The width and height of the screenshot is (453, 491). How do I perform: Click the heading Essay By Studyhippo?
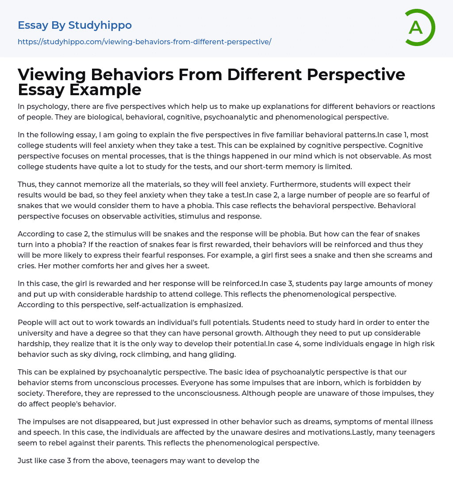pos(75,25)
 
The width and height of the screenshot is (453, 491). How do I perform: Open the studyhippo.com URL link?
pos(144,42)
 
